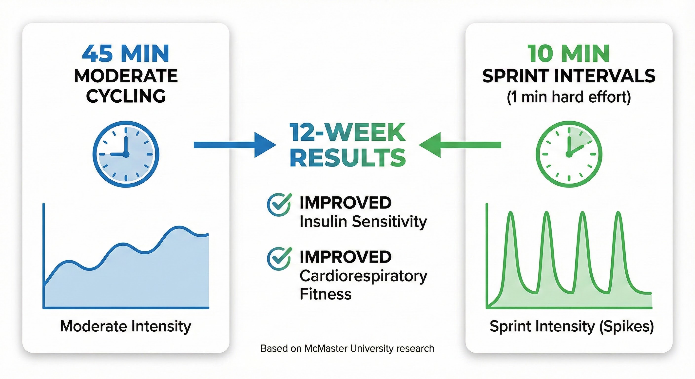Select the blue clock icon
(126, 154)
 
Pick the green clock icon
(569, 154)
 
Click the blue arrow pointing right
(235, 145)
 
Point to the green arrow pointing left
(460, 145)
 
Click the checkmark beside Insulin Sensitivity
(279, 204)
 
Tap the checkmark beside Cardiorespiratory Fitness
(279, 258)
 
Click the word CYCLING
(126, 96)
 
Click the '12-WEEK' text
(347, 133)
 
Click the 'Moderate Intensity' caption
(126, 326)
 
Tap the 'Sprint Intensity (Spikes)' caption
(571, 326)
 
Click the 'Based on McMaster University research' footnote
(347, 348)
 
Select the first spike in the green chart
(511, 216)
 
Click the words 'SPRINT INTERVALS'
(569, 76)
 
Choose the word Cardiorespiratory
(363, 276)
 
